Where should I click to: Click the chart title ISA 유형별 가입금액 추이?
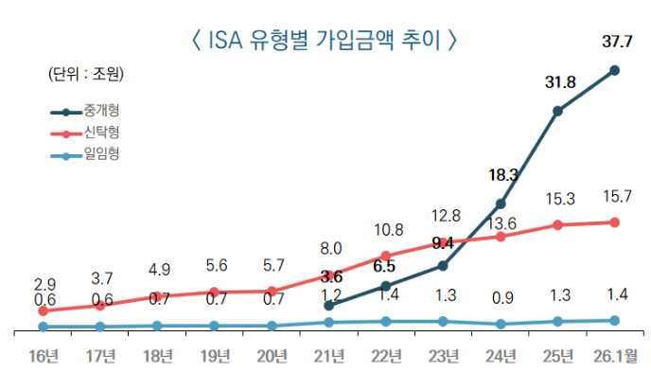click(325, 40)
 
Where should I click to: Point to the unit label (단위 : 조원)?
click(86, 73)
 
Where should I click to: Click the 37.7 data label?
click(618, 40)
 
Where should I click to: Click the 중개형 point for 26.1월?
click(615, 70)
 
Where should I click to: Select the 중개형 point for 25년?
click(558, 111)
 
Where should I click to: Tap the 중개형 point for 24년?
click(501, 204)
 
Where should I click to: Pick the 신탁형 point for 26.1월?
click(615, 222)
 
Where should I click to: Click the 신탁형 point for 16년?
click(43, 310)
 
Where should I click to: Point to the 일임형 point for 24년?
click(501, 324)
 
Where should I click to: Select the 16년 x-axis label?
click(43, 357)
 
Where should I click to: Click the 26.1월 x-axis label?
click(616, 357)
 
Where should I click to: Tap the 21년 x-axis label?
click(329, 357)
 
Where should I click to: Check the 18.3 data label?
click(503, 175)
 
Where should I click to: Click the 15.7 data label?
click(617, 197)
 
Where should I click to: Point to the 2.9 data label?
click(44, 284)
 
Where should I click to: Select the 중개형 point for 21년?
click(329, 306)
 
